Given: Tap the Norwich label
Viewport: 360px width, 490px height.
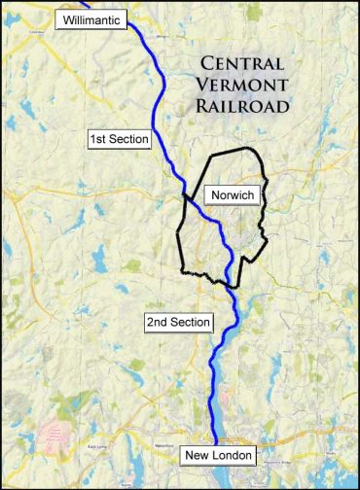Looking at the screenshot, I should (232, 196).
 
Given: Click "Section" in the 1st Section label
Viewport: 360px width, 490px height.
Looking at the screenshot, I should (131, 140).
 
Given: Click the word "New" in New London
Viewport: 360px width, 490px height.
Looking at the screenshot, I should (198, 455).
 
